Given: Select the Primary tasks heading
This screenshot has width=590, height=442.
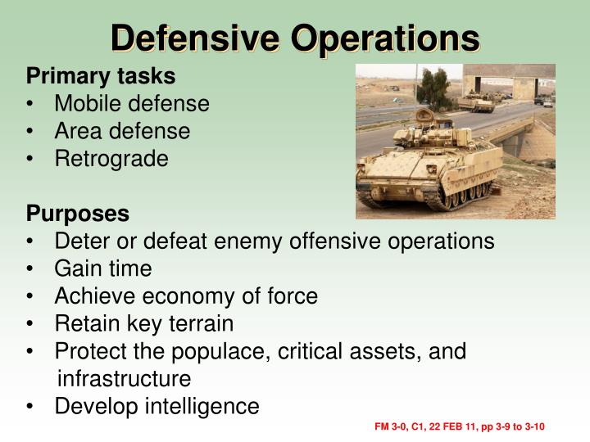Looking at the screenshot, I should click(x=101, y=76).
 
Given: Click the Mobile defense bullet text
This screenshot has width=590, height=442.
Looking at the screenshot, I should click(x=132, y=104).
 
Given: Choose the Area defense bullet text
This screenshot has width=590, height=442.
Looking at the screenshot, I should click(x=122, y=131).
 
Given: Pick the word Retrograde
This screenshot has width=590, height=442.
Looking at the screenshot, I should click(x=111, y=158).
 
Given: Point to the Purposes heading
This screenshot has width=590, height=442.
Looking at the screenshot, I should click(x=78, y=214).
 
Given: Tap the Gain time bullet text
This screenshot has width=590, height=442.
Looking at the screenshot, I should click(x=103, y=268).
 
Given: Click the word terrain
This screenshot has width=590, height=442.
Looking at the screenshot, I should click(x=197, y=323).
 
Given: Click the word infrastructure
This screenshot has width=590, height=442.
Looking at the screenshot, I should click(x=124, y=379).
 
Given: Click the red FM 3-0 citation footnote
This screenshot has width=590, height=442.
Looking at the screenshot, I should click(x=460, y=427).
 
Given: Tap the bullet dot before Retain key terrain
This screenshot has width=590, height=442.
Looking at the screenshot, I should click(x=31, y=324).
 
